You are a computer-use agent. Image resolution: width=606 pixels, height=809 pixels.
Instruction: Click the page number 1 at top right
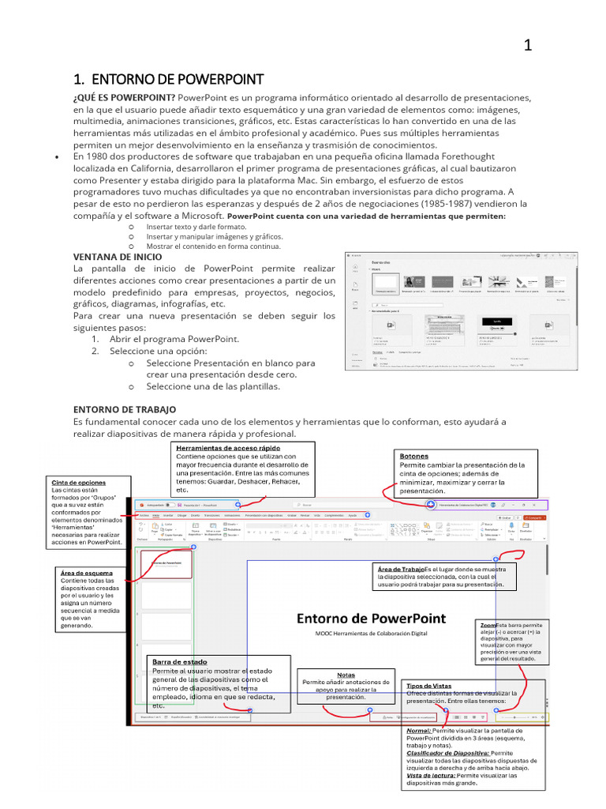(x=528, y=46)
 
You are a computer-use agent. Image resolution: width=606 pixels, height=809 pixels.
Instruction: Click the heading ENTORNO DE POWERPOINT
(x=167, y=80)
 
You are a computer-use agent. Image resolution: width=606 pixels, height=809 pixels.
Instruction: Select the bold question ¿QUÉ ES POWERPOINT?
(x=124, y=97)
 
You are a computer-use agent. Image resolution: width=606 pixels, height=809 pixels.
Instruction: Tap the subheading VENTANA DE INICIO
(x=118, y=257)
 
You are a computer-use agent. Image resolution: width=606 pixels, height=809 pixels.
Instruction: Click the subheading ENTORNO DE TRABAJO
(x=125, y=409)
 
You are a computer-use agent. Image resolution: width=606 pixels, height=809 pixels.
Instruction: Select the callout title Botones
(x=414, y=457)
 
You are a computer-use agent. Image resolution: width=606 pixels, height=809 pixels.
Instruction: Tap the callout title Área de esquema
(x=86, y=573)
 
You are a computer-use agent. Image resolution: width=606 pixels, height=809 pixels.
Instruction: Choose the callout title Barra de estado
(x=180, y=661)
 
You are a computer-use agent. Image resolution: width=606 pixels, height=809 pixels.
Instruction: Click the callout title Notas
(x=346, y=675)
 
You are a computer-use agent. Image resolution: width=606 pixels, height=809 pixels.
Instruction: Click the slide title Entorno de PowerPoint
(x=371, y=618)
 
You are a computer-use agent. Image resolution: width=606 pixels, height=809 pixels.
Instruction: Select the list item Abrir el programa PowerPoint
(x=174, y=339)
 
